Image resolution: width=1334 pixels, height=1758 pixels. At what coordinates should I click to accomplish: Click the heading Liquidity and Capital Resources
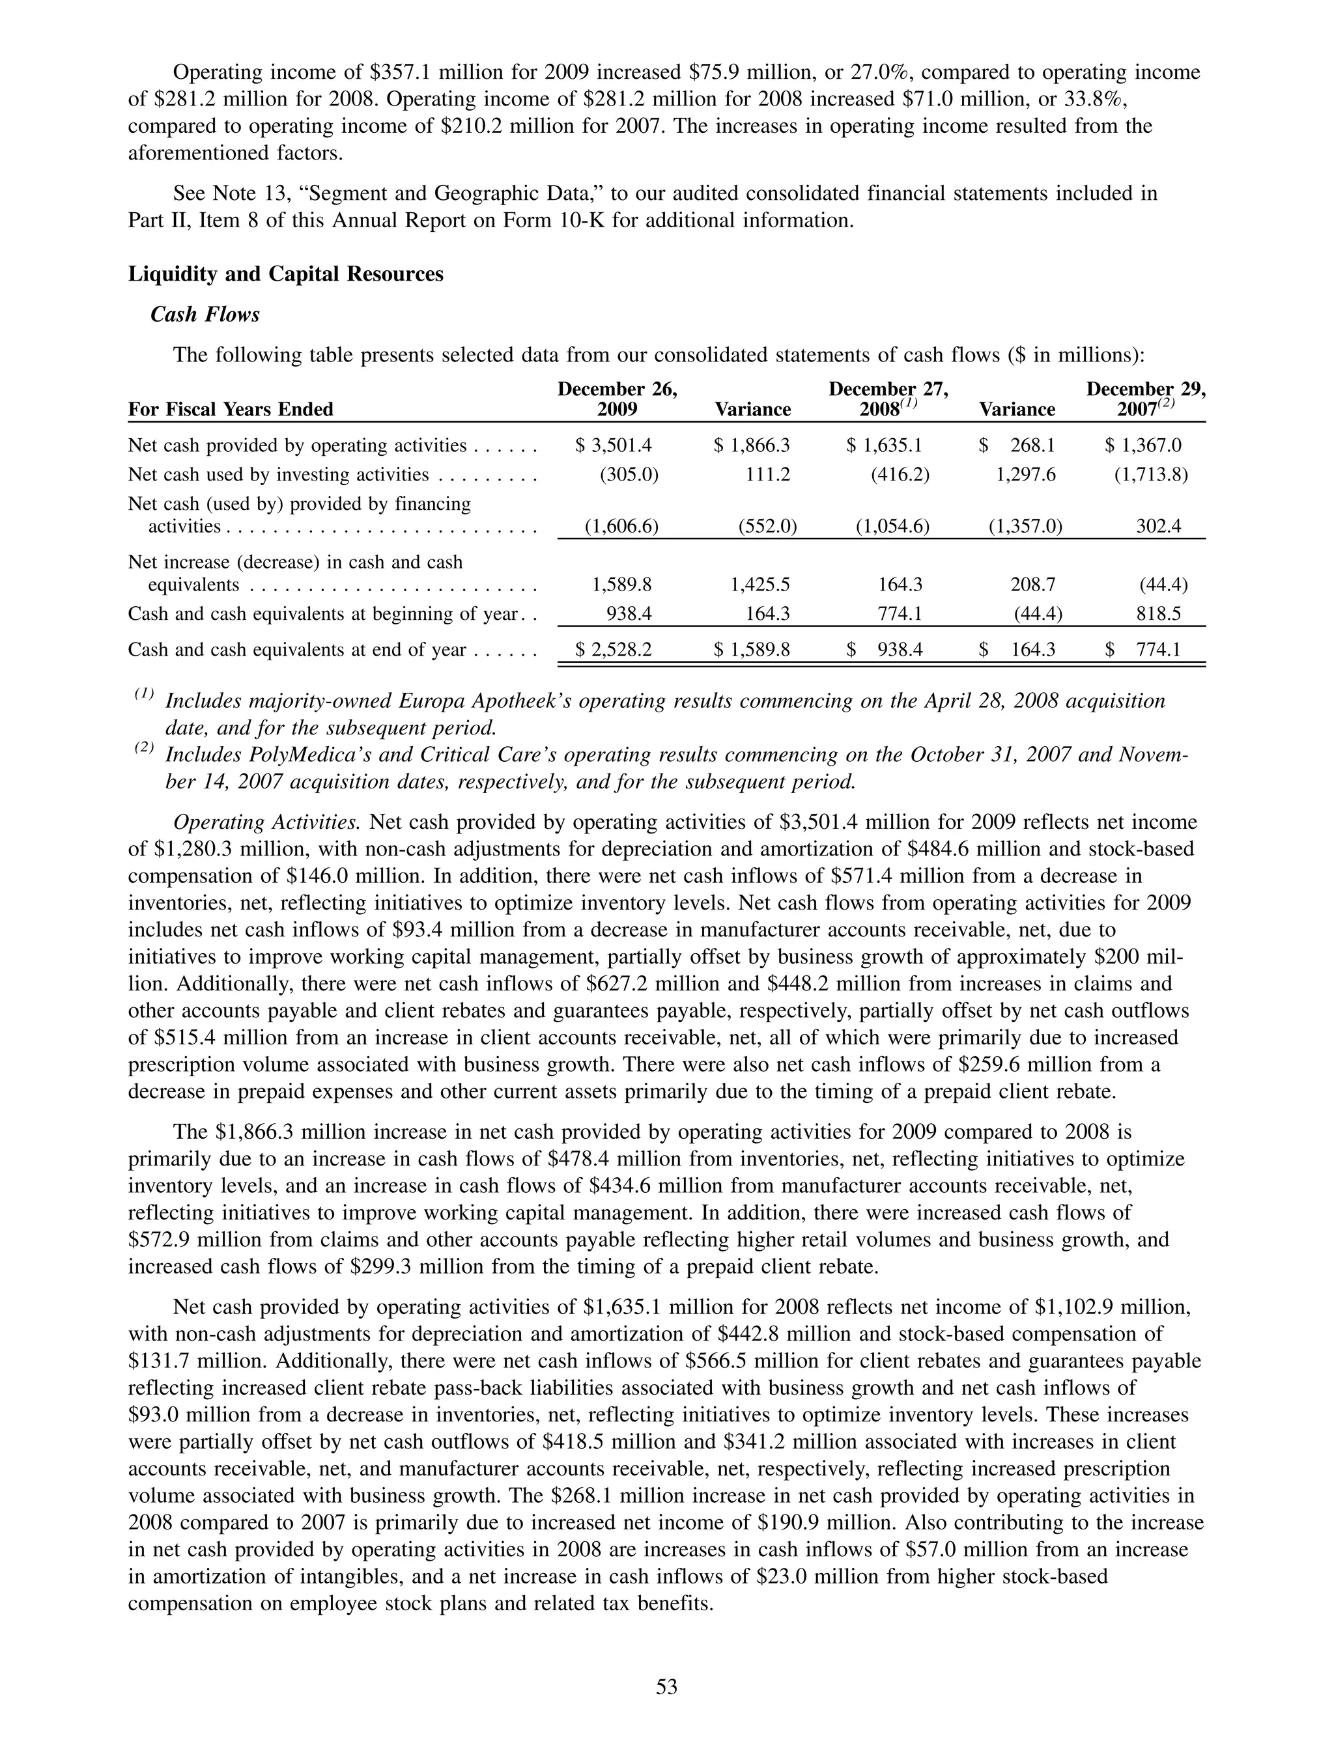285,274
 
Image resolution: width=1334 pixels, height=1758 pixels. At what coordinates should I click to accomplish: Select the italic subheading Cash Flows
205,314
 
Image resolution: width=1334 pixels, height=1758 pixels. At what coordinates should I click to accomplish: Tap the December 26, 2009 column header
617,399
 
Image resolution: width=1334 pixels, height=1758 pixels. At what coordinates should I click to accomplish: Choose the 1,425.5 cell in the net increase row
759,585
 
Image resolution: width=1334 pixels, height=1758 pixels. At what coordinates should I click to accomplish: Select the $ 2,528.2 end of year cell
614,650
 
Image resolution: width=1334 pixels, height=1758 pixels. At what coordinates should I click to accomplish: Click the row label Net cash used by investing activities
278,475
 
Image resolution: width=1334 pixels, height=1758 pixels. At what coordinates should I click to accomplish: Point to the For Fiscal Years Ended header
231,410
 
